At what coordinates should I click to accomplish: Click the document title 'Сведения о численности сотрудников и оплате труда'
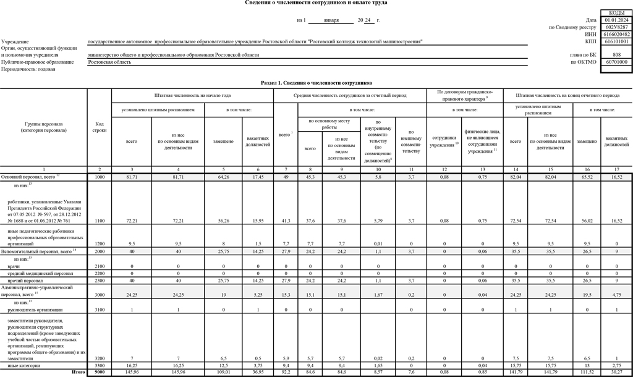tap(316, 3)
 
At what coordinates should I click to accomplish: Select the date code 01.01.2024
tap(616, 20)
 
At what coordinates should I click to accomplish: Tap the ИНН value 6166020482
tap(616, 35)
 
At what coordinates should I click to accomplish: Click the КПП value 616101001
tap(616, 42)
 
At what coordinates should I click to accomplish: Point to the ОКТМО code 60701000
tap(616, 62)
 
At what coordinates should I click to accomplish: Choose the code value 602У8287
tap(616, 27)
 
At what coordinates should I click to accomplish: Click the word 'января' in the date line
tap(331, 20)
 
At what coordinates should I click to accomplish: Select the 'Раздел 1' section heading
tap(316, 82)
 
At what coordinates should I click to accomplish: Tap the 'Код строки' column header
tap(100, 127)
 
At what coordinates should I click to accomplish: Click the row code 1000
tap(100, 177)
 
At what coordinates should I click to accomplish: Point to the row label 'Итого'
tap(78, 372)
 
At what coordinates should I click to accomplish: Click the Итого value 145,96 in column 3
tap(131, 372)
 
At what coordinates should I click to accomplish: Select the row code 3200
tap(100, 358)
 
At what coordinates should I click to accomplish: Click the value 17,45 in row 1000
tap(258, 177)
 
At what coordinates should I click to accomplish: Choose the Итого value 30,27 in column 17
tap(617, 372)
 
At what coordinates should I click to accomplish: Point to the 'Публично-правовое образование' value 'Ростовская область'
tap(110, 62)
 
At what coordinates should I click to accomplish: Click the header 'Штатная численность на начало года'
tap(192, 96)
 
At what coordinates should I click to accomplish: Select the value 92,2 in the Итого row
tap(286, 372)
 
